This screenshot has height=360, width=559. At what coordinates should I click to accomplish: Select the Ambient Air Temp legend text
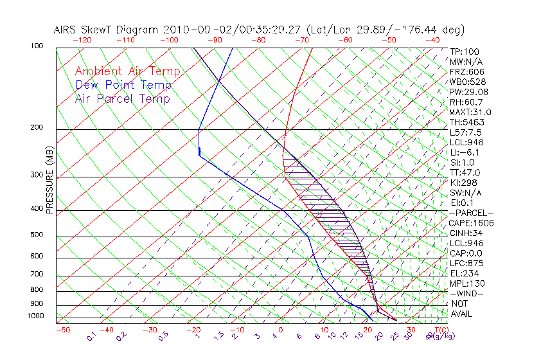click(127, 71)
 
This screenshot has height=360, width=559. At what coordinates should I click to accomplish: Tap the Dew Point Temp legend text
click(123, 85)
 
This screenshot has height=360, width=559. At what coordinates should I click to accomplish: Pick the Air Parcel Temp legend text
click(122, 98)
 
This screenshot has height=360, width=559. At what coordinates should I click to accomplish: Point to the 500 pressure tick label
click(38, 236)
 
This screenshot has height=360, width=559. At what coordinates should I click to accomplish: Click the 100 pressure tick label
click(38, 46)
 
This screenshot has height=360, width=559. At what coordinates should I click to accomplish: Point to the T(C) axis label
click(439, 330)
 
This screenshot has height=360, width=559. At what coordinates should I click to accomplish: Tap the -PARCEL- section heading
click(471, 213)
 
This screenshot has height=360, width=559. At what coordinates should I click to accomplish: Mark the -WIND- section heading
click(466, 293)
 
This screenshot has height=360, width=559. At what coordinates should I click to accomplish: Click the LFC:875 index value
click(466, 263)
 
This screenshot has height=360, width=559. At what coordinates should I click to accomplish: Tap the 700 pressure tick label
click(38, 274)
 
